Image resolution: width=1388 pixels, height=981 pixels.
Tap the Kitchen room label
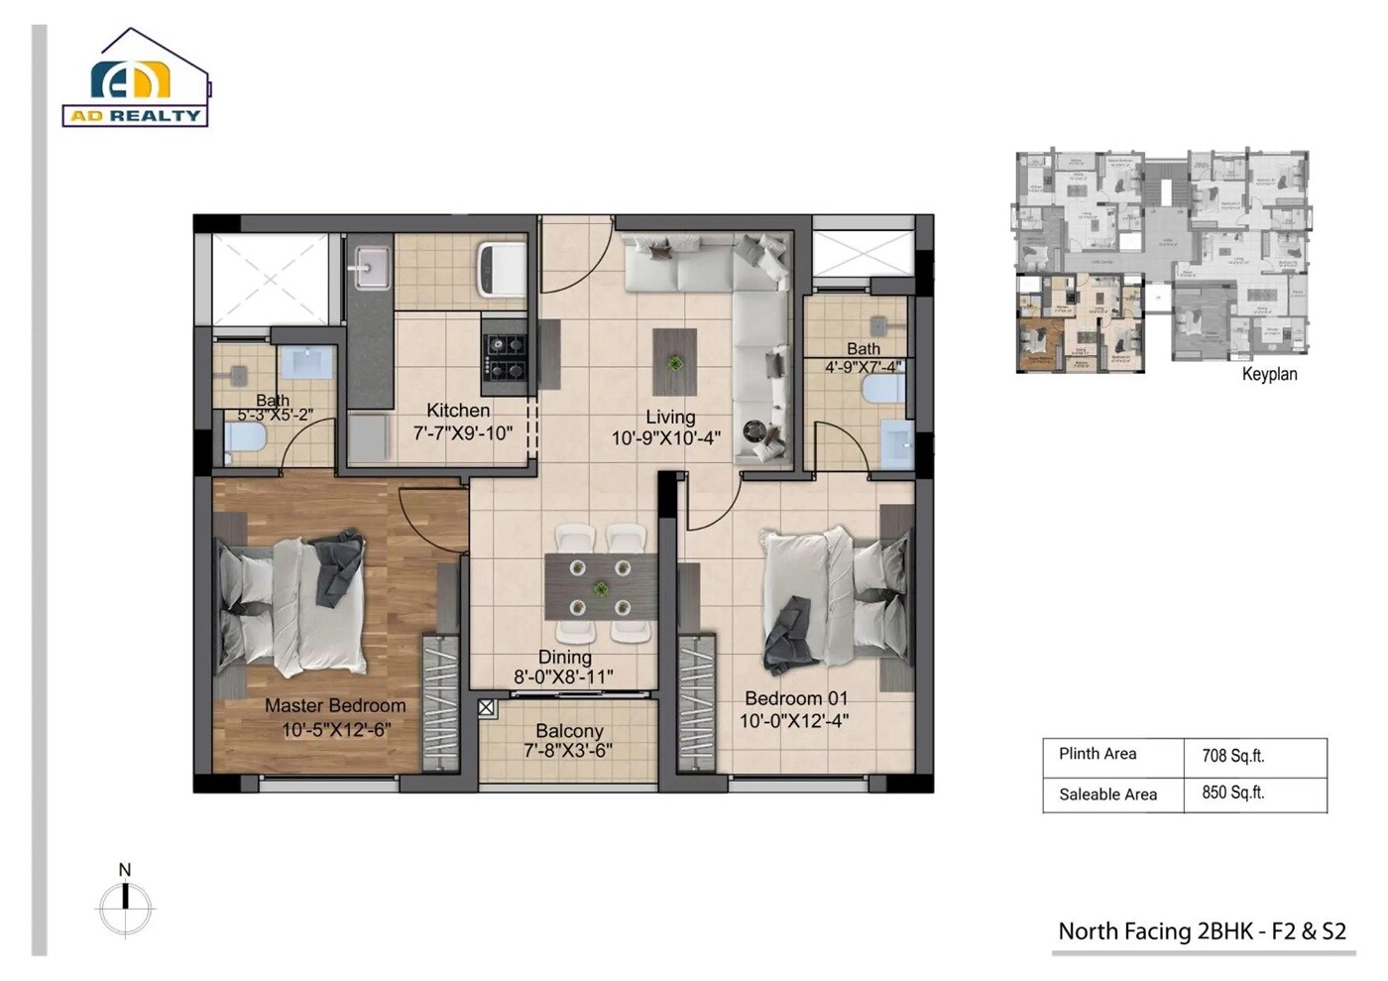pyautogui.click(x=458, y=410)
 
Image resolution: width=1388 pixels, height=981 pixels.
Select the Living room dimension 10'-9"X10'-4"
pyautogui.click(x=665, y=437)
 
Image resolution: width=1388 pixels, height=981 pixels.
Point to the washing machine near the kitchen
pyautogui.click(x=501, y=268)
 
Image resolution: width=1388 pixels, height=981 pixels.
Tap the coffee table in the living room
pyautogui.click(x=674, y=363)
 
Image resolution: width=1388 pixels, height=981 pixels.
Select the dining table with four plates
pyautogui.click(x=600, y=588)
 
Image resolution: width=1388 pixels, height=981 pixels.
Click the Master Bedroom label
pyautogui.click(x=335, y=705)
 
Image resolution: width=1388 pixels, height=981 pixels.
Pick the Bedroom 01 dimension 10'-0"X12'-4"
pyautogui.click(x=794, y=721)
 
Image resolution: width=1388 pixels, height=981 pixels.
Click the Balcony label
pyautogui.click(x=569, y=730)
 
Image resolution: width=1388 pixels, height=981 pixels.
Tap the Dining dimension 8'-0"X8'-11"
pyautogui.click(x=563, y=677)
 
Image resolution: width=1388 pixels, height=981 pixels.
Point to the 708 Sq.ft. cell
pyautogui.click(x=1232, y=756)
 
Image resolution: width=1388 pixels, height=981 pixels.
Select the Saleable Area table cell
pyautogui.click(x=1107, y=795)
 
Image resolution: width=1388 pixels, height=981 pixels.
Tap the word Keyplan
pyautogui.click(x=1269, y=374)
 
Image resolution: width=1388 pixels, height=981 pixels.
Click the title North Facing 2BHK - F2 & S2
pyautogui.click(x=1202, y=931)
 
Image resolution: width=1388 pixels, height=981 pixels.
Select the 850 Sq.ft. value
pyautogui.click(x=1232, y=794)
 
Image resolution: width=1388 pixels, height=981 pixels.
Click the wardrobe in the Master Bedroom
pyautogui.click(x=440, y=701)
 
